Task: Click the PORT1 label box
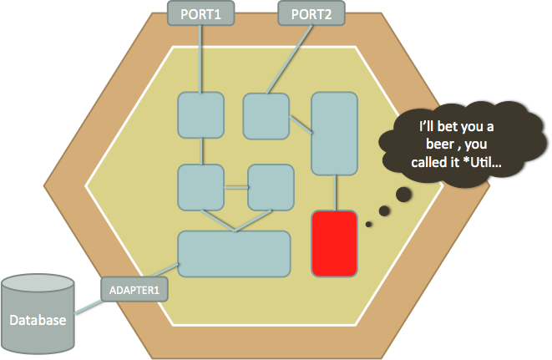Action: pos(200,14)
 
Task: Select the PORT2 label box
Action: pos(310,14)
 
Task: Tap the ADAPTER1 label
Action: pos(134,290)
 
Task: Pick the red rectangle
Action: pos(335,243)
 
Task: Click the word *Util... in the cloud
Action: pos(480,164)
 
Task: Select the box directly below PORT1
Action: pos(200,115)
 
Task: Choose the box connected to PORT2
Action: pos(266,115)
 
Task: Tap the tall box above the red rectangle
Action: pos(335,133)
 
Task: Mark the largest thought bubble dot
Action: pos(403,195)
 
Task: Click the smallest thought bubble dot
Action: pos(368,223)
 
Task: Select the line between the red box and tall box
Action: pos(335,193)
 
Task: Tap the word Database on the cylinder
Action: pos(38,320)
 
